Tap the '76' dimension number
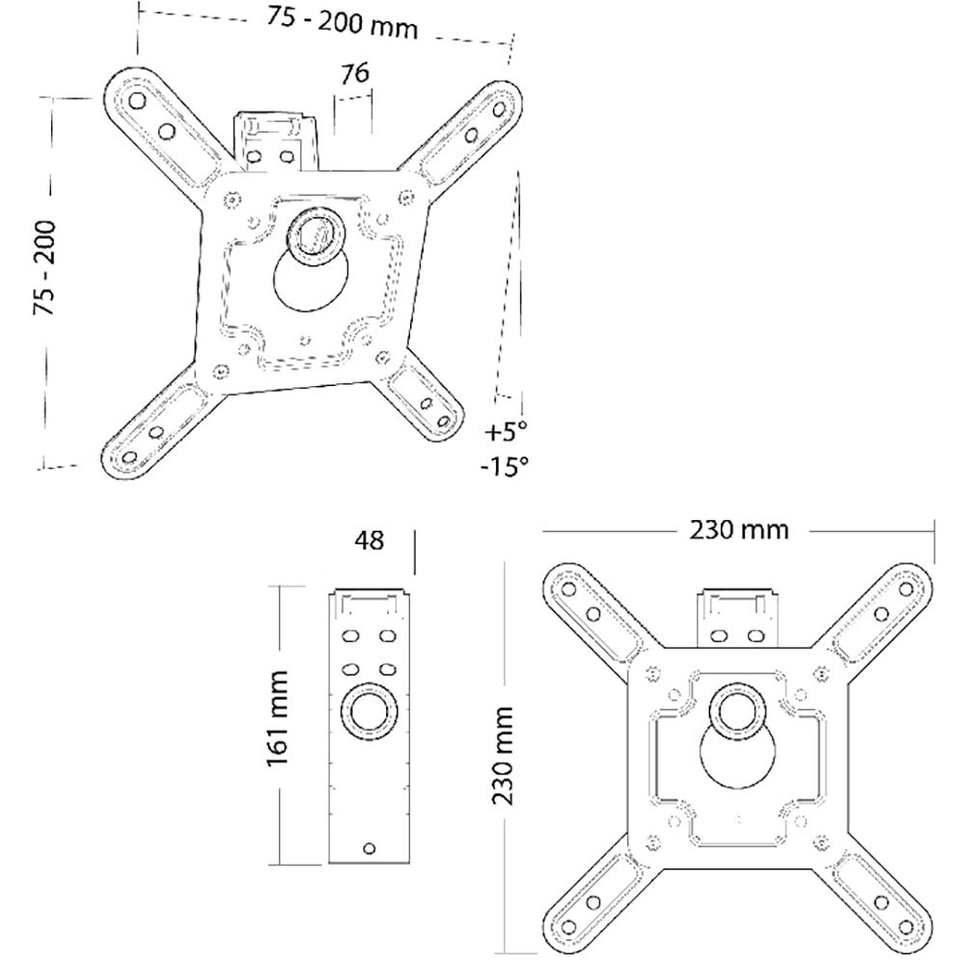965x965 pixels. (354, 74)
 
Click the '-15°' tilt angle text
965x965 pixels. (505, 466)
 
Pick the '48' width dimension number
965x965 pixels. (369, 540)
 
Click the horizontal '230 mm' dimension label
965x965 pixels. (738, 530)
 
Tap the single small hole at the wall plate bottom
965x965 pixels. (368, 847)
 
